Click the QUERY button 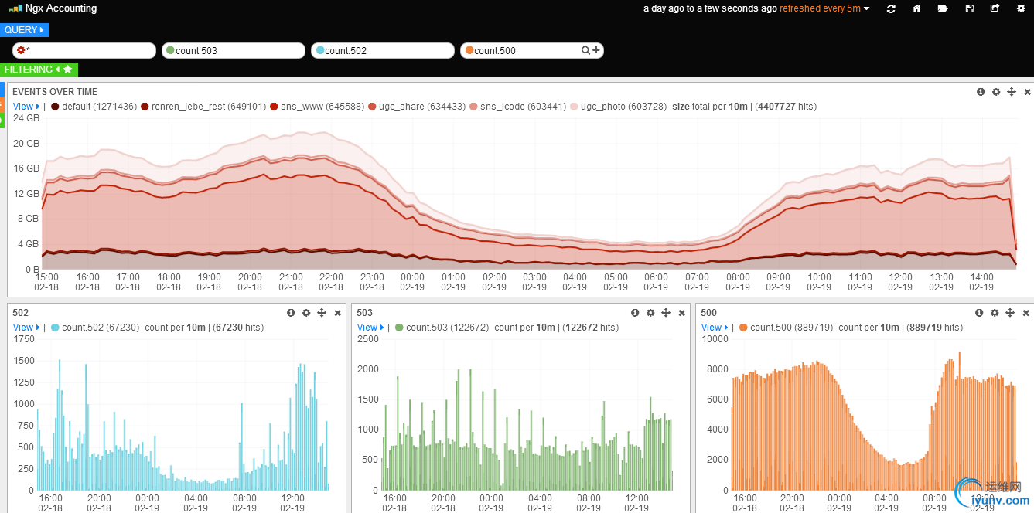pyautogui.click(x=25, y=30)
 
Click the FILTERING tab pyautogui.click(x=38, y=70)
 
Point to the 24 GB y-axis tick pyautogui.click(x=26, y=119)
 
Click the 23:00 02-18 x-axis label pyautogui.click(x=372, y=282)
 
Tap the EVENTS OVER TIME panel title pyautogui.click(x=55, y=92)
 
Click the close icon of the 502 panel pyautogui.click(x=338, y=313)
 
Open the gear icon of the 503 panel pyautogui.click(x=650, y=313)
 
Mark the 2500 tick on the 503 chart pyautogui.click(x=367, y=339)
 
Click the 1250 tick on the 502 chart pyautogui.click(x=23, y=382)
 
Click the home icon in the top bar pyautogui.click(x=916, y=8)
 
